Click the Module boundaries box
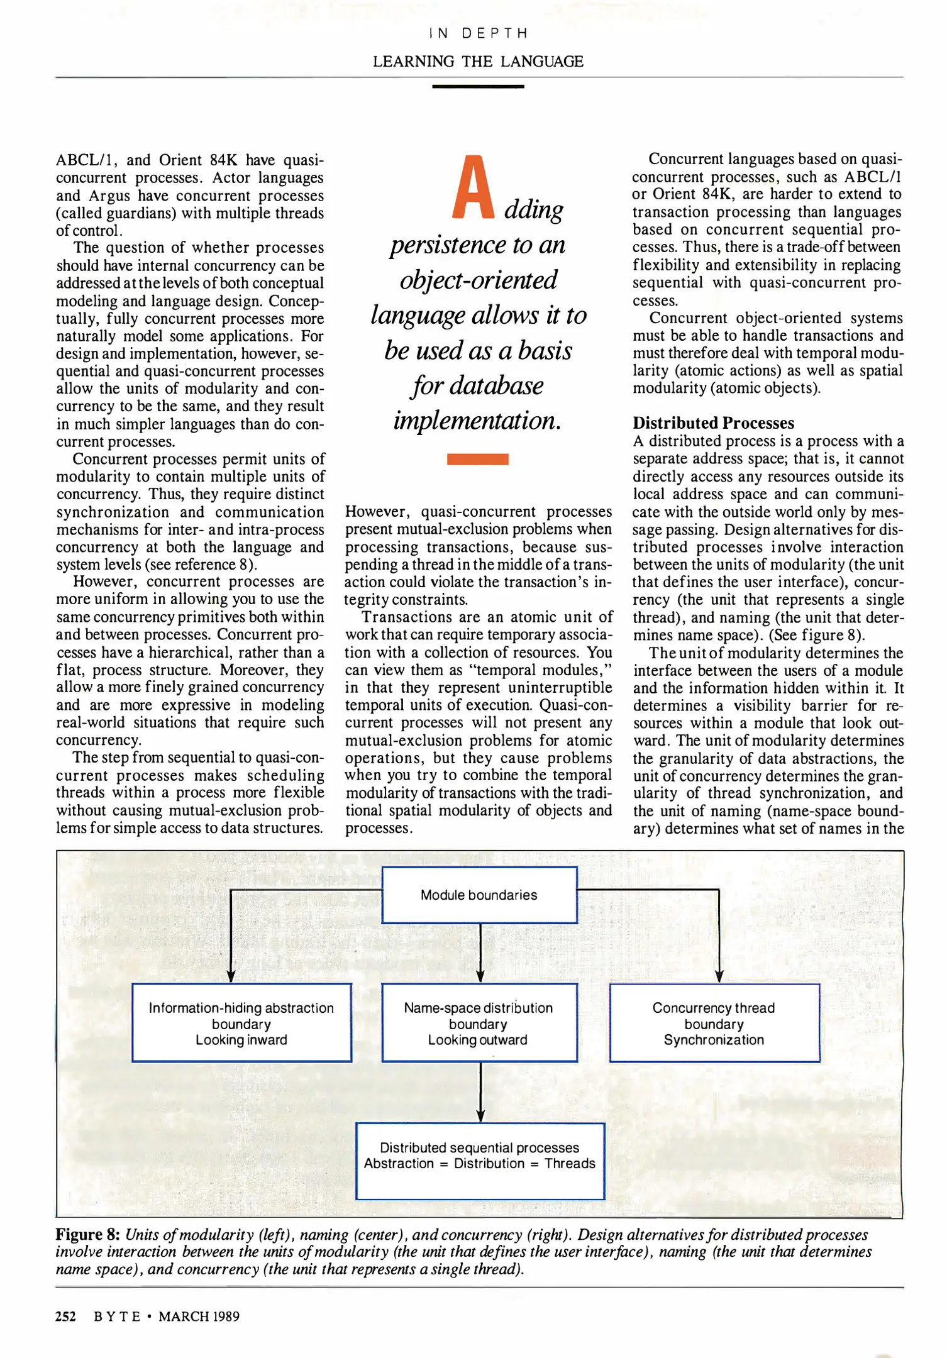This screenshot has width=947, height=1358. tap(479, 895)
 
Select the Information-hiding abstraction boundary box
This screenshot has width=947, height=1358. tap(241, 1023)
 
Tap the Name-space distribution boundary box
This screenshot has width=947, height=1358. tap(479, 1023)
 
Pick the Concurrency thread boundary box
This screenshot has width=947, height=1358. tap(714, 1023)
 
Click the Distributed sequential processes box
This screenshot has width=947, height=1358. tap(480, 1161)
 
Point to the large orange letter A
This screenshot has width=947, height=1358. tap(473, 188)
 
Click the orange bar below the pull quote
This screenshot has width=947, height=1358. tap(477, 459)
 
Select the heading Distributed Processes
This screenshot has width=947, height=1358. tap(713, 423)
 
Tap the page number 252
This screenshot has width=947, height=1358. tap(65, 1317)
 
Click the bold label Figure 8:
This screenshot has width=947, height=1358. tap(87, 1234)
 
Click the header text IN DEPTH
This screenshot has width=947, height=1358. tap(478, 33)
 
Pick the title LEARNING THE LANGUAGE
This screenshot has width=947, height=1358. tap(478, 62)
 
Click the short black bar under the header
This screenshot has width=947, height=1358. tap(478, 86)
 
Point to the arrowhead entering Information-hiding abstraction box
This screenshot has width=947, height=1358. tap(231, 975)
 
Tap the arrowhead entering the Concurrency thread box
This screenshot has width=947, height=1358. tap(719, 975)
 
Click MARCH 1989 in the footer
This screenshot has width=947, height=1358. tap(199, 1317)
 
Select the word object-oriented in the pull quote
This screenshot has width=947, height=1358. tap(478, 280)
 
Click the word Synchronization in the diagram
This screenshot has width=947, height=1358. tap(714, 1040)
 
